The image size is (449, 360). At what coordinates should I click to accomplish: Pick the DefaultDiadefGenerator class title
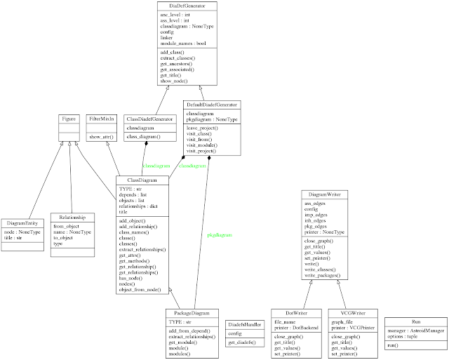tap(211, 105)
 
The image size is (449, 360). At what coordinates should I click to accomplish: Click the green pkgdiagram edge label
tap(220, 234)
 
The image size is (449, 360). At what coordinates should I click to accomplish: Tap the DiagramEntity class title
tap(21, 222)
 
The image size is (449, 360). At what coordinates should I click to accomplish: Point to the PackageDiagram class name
tap(192, 312)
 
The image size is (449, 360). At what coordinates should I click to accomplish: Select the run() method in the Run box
tap(394, 346)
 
